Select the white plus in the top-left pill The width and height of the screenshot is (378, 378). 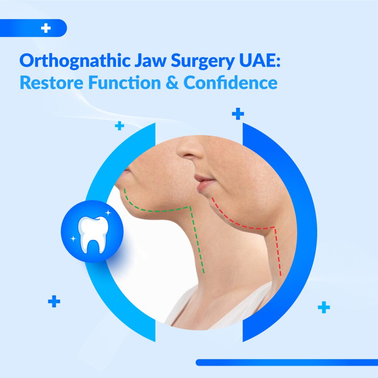point(46,28)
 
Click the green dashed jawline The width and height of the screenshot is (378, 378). point(159,210)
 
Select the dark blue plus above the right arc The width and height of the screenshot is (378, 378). point(238,114)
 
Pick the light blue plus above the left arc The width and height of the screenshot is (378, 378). point(119,126)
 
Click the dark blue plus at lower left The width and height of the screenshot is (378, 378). point(54,302)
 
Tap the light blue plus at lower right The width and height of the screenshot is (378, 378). point(324,307)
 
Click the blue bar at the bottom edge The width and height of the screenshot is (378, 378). point(286,362)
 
